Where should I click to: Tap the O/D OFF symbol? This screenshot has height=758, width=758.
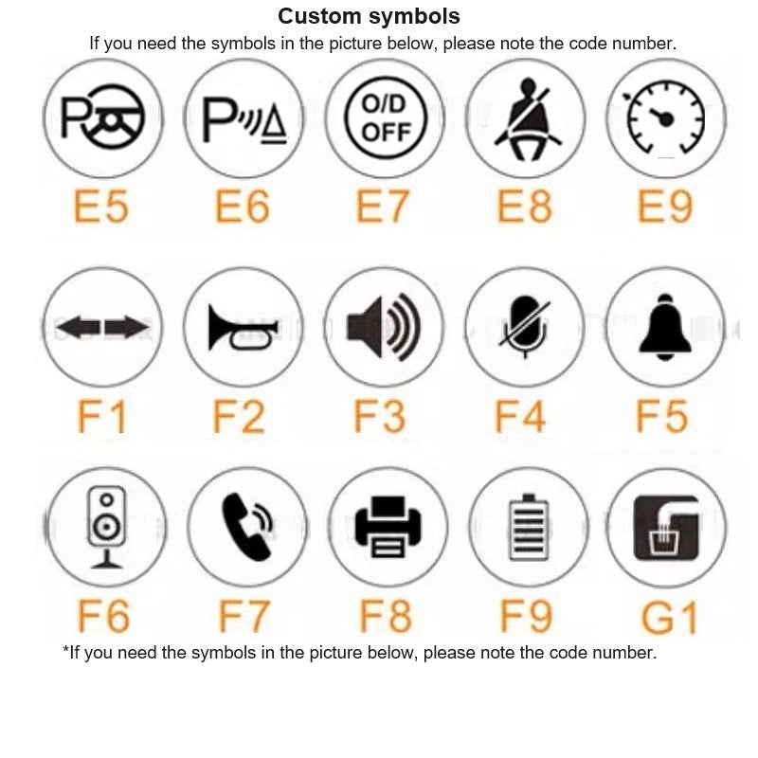pos(386,117)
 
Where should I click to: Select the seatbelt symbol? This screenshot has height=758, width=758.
pos(527,119)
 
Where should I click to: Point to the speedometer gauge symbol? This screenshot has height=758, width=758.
pos(665,117)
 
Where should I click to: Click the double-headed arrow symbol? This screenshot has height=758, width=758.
pos(102,327)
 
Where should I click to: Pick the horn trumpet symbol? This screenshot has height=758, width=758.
pos(243,327)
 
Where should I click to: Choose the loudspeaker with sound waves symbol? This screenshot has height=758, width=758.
pos(384,327)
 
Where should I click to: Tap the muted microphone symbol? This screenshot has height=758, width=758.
pos(525,327)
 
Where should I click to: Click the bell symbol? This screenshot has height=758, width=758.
pos(665,327)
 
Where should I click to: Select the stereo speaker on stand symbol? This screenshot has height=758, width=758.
pos(106,527)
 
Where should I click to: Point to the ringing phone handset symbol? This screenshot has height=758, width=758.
pos(247,527)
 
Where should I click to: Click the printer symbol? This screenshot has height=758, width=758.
pos(388,527)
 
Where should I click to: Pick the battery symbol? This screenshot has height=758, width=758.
pos(529,527)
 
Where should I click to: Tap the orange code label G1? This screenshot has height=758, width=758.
pos(670,617)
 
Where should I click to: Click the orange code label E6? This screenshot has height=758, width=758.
pos(243,207)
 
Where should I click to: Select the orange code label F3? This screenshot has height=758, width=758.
pos(380,416)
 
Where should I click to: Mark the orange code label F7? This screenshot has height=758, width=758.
pos(244,616)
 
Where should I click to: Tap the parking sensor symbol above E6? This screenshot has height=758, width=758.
pos(244,120)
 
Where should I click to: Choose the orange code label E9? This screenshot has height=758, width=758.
pos(665,207)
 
